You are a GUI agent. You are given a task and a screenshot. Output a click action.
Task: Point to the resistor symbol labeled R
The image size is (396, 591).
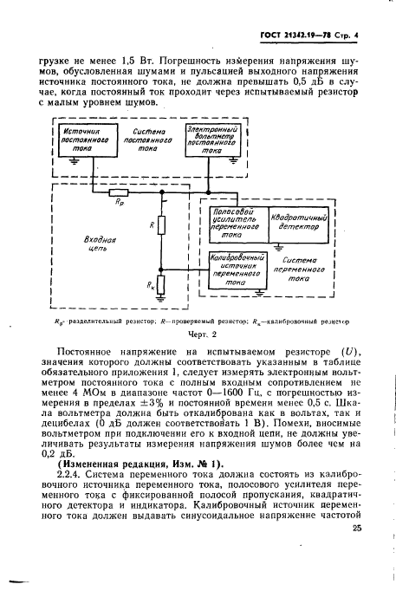[160, 226]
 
